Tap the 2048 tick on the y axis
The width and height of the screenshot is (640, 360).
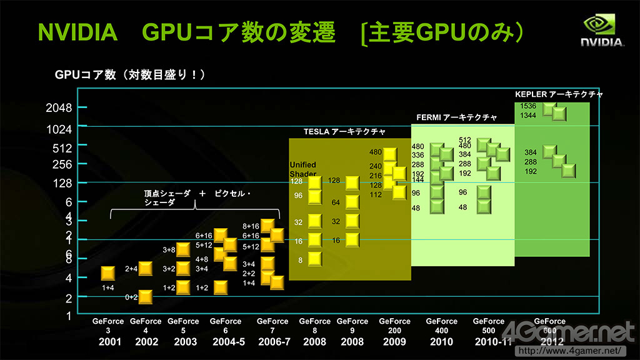[59, 107]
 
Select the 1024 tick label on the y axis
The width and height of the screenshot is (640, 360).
[59, 129]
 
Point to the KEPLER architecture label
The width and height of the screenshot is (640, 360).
[559, 94]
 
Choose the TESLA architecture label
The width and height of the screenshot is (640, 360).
[344, 132]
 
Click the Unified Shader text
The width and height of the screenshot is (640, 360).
[303, 169]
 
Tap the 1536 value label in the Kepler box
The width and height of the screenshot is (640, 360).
[528, 106]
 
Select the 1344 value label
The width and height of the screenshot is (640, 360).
[528, 116]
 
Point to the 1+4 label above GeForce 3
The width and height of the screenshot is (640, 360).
[108, 287]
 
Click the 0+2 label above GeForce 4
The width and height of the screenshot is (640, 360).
[131, 297]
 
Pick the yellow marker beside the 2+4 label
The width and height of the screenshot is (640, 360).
[145, 269]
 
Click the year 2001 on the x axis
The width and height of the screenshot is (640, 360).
[108, 342]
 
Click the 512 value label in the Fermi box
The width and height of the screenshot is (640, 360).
[465, 140]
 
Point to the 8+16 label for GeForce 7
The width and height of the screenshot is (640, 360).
[251, 226]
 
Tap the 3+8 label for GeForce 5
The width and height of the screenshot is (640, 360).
[169, 250]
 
